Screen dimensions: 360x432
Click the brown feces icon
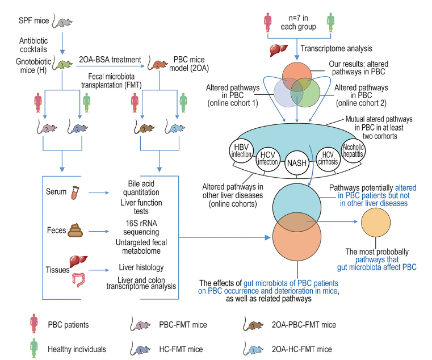tap(75, 230)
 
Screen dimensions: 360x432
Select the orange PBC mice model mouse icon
tap(157, 66)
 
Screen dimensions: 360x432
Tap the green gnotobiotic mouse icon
tap(62, 66)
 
